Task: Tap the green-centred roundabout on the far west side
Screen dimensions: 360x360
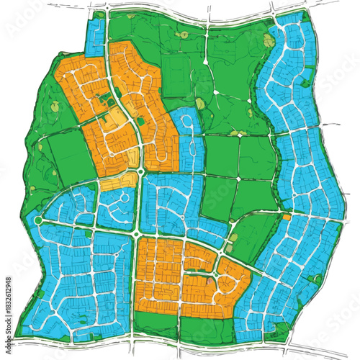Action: click(x=38, y=210)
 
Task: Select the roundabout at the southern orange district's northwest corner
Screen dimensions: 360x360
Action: click(x=135, y=234)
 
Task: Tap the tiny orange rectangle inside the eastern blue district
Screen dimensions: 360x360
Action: click(x=287, y=216)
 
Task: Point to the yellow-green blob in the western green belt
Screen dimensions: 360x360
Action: click(x=54, y=107)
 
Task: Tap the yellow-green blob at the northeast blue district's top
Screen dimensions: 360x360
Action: click(x=269, y=42)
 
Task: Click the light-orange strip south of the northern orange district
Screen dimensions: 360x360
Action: click(x=119, y=180)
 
